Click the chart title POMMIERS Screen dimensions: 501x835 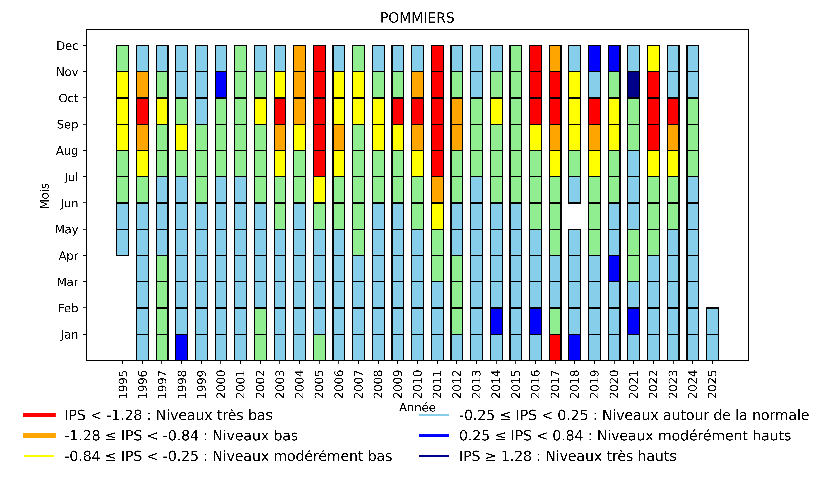pyautogui.click(x=417, y=18)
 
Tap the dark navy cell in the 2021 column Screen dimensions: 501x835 pyautogui.click(x=633, y=85)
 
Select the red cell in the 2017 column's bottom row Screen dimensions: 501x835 pyautogui.click(x=555, y=347)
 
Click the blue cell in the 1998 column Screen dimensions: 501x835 pyautogui.click(x=182, y=347)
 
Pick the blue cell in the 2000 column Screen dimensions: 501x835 pyautogui.click(x=221, y=85)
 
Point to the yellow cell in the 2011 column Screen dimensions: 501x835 pyautogui.click(x=437, y=216)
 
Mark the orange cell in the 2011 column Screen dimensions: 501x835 pyautogui.click(x=437, y=190)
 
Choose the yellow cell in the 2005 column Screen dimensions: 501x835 pyautogui.click(x=319, y=190)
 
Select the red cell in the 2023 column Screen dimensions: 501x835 pyautogui.click(x=673, y=111)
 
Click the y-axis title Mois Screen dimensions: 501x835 pyautogui.click(x=45, y=196)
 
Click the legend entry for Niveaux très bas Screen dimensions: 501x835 pyautogui.click(x=168, y=415)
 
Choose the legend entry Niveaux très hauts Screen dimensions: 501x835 pyautogui.click(x=568, y=456)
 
